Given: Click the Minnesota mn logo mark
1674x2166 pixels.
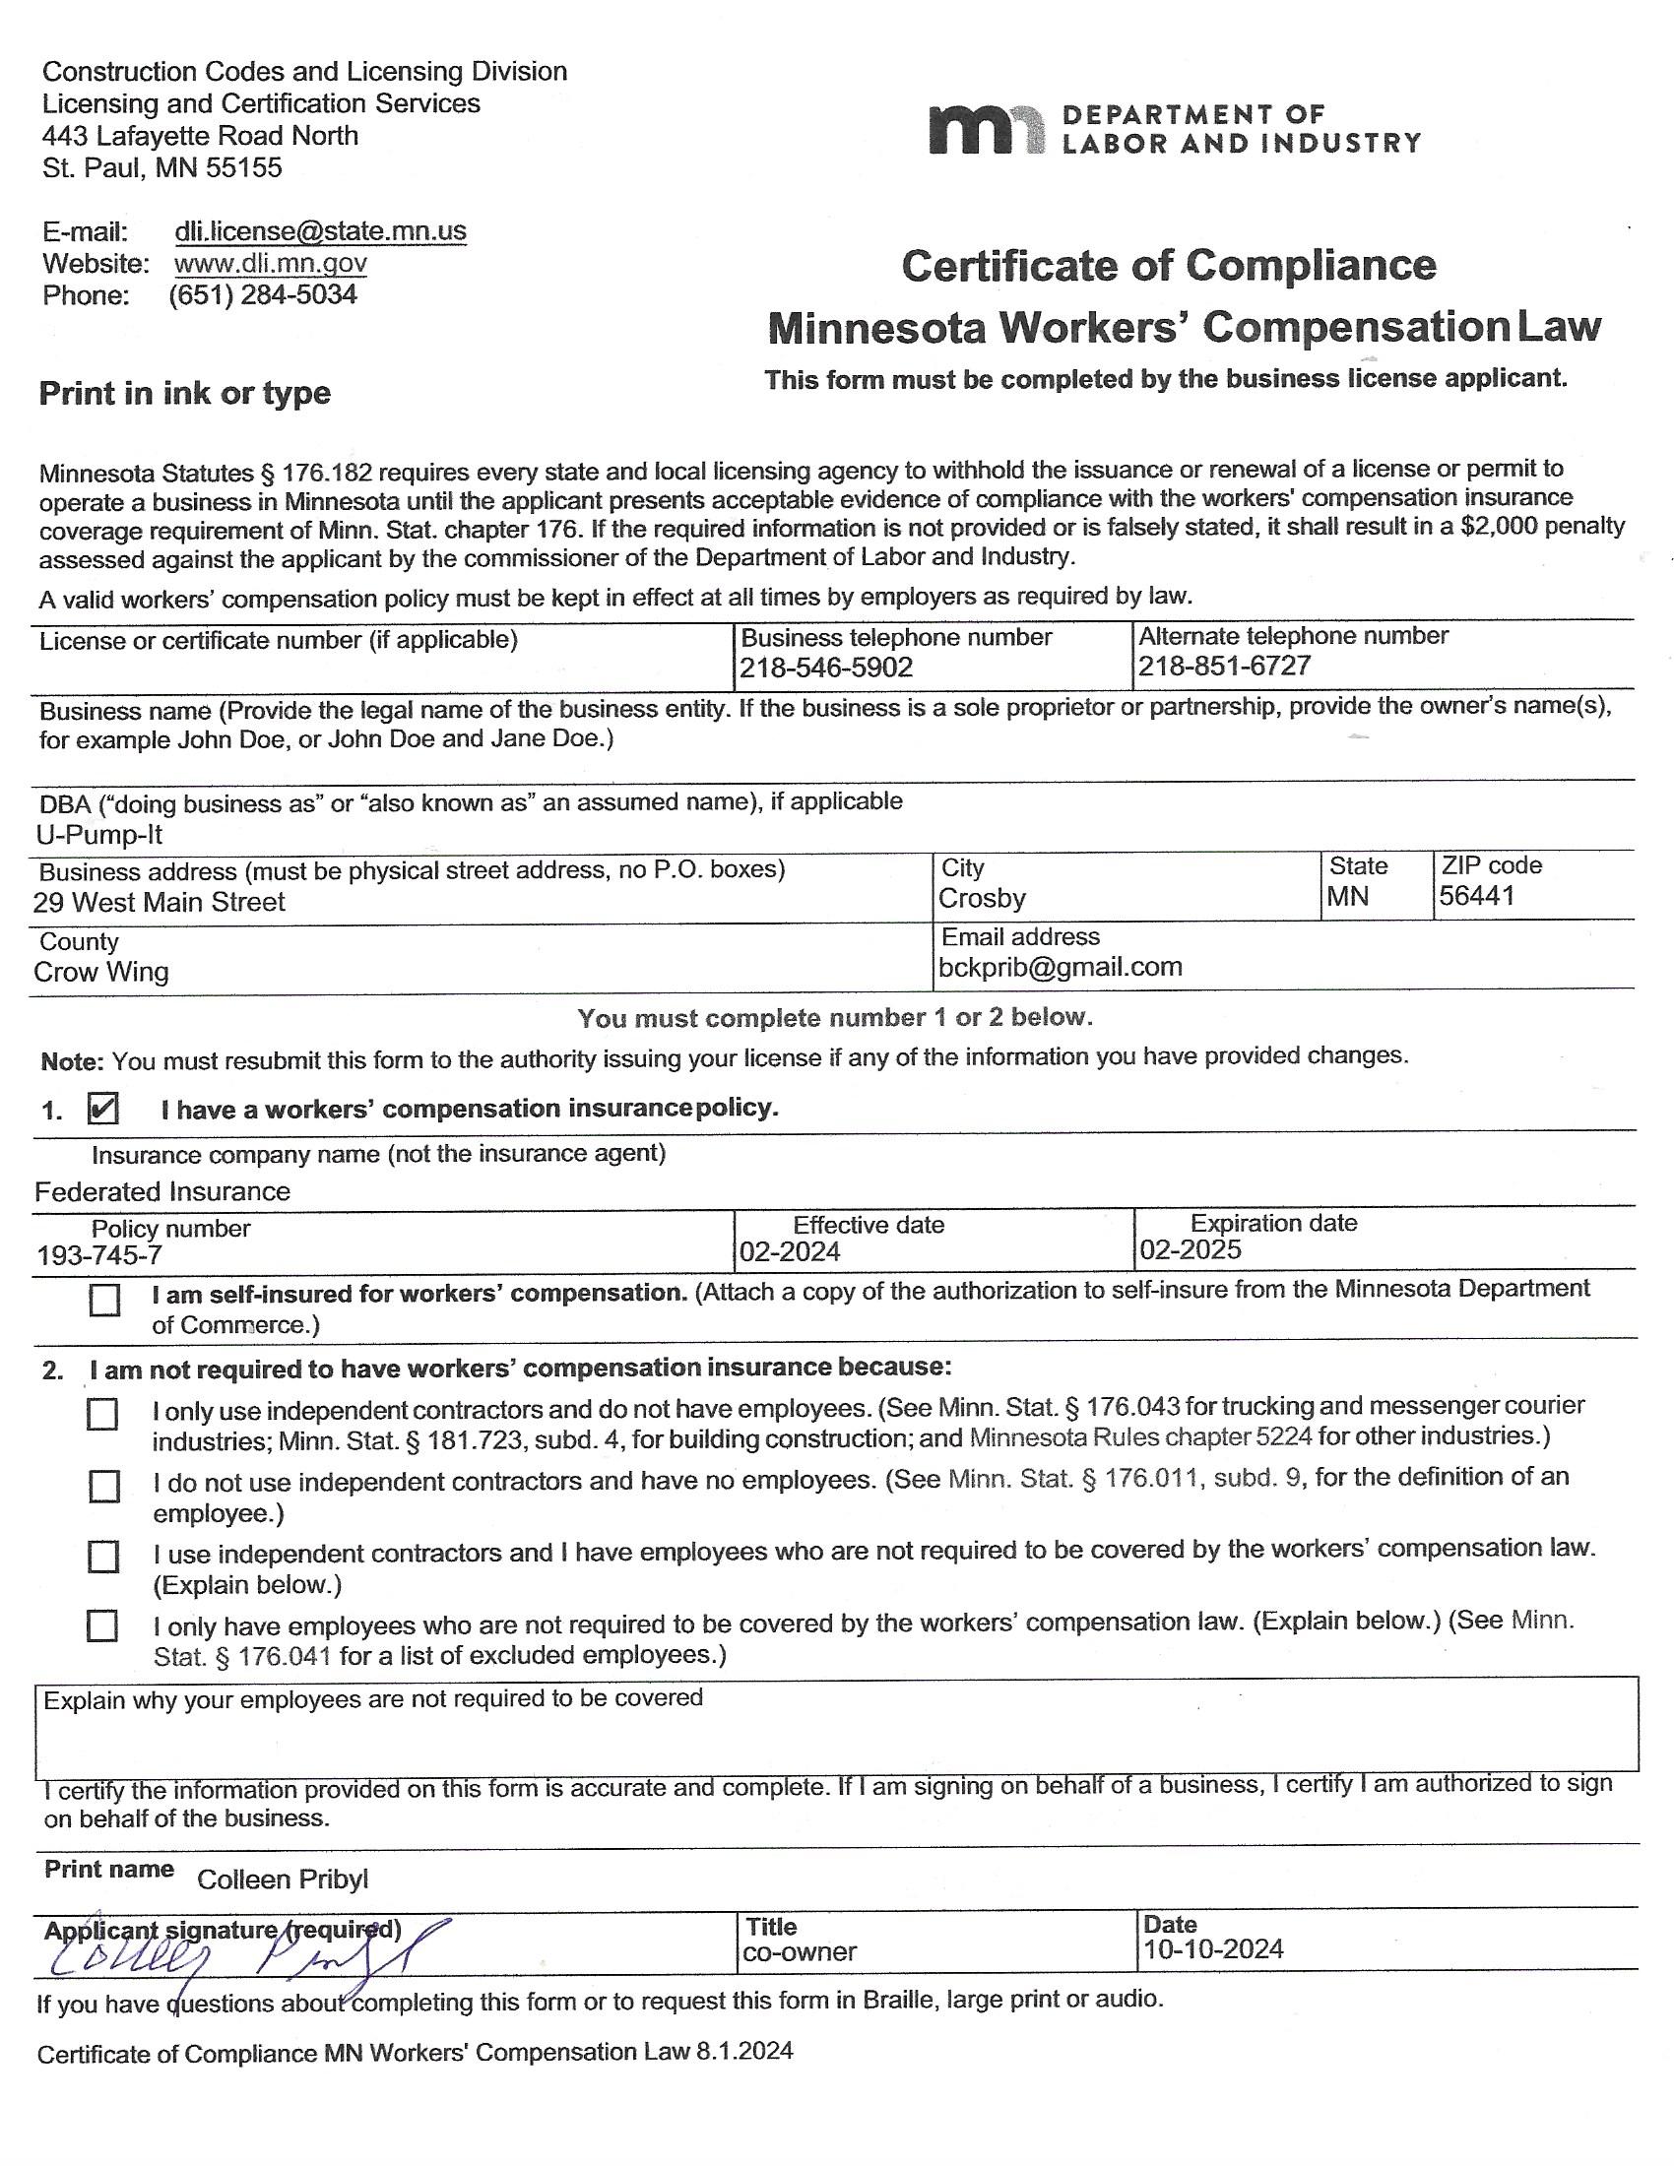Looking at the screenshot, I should click(x=986, y=130).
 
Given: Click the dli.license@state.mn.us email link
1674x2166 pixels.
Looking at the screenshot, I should click(x=319, y=231).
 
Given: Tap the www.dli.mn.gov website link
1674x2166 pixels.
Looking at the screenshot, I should click(x=270, y=264).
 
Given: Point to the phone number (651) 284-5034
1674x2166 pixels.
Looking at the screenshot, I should click(x=263, y=295).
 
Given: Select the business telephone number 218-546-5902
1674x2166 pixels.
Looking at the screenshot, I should click(x=826, y=668).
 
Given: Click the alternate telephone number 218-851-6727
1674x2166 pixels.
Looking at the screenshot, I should click(x=1224, y=666).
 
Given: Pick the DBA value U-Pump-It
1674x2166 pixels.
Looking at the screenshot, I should click(x=99, y=835).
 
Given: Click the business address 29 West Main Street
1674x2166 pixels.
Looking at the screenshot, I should click(x=159, y=903).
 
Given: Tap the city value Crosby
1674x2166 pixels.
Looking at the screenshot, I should click(x=982, y=899).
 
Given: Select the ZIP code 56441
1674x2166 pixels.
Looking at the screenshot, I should click(x=1477, y=896).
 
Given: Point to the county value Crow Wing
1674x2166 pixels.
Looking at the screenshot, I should click(x=101, y=972).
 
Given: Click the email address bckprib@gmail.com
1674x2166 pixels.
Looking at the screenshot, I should click(x=1061, y=967).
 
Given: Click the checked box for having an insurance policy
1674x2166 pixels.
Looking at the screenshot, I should click(x=103, y=1109).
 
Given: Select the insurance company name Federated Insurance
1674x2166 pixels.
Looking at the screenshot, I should click(x=162, y=1191).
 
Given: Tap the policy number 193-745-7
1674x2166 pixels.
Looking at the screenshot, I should click(x=100, y=1255).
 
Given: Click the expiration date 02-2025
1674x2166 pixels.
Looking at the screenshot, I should click(x=1191, y=1249).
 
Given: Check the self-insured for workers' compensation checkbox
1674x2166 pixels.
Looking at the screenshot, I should click(x=104, y=1301).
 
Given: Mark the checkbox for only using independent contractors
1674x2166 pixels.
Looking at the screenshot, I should click(x=102, y=1414).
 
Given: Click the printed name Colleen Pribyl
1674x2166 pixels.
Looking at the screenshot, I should click(x=283, y=1879).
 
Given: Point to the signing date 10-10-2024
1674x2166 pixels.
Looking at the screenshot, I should click(x=1213, y=1949).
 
